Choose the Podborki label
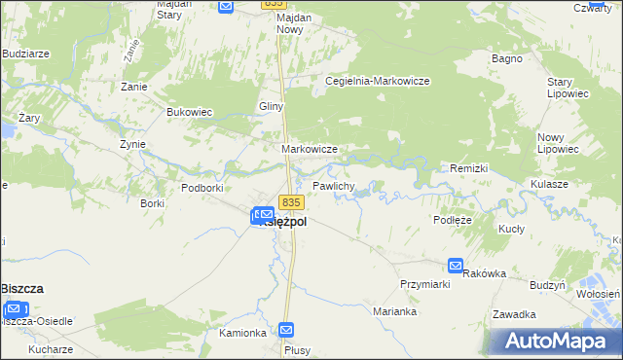pos(203,187)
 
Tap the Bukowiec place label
pos(190,112)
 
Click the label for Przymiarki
pos(423,283)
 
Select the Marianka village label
pos(395,311)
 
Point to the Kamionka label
pos(242,333)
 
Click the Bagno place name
pos(508,58)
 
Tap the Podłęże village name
pos(453,220)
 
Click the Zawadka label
pos(514,314)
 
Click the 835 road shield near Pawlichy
pos(292,201)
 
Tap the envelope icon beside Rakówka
pos(456,265)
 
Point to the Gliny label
pos(270,106)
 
